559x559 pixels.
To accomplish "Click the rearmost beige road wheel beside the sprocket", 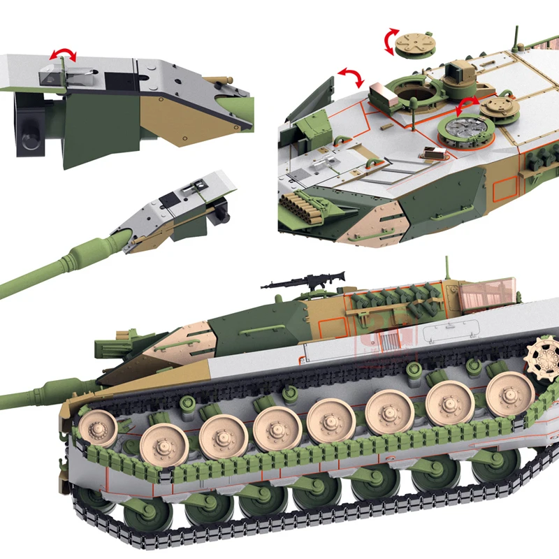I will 509,392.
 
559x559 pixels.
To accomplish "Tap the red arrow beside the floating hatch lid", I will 390,42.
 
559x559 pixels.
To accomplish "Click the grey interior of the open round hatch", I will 463,129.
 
